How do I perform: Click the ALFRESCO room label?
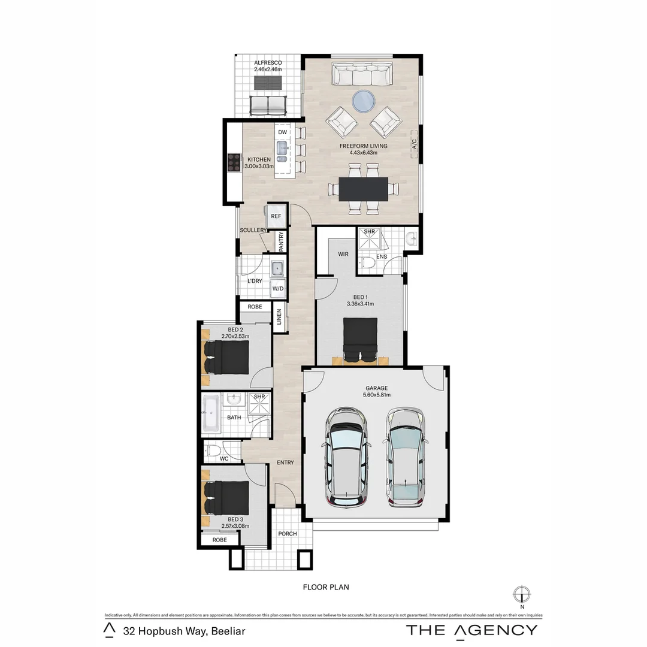267,63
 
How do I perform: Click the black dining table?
364,189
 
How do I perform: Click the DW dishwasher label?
283,132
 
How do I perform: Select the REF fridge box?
276,216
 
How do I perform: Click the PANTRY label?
281,242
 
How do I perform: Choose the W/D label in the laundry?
277,289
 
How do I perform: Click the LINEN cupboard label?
279,318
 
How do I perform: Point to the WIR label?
343,254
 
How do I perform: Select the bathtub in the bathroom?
210,413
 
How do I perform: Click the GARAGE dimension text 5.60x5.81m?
377,395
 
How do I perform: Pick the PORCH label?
288,534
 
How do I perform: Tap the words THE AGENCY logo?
472,630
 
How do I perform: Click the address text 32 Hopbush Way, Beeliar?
185,630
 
